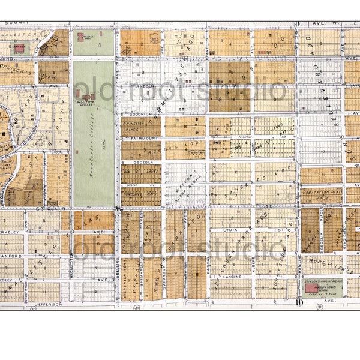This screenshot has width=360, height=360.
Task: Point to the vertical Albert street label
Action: click(254, 264)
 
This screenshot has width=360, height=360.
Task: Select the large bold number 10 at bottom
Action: click(298, 302)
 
